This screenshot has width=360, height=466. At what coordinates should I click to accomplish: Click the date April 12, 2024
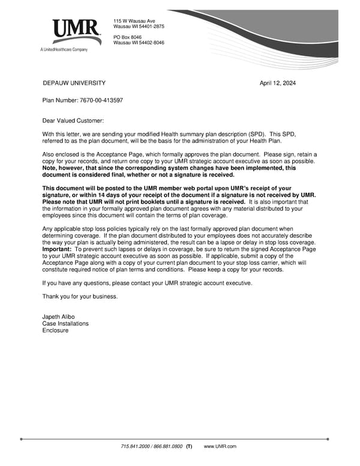click(x=277, y=83)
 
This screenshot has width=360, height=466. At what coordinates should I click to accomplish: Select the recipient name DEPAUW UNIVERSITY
click(x=74, y=83)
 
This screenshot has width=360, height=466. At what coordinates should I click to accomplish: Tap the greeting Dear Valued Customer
click(x=73, y=121)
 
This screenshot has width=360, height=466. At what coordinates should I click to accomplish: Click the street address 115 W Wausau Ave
click(x=134, y=21)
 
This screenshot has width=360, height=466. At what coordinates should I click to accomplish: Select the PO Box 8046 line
click(x=127, y=37)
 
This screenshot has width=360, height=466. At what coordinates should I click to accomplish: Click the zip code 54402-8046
click(x=151, y=43)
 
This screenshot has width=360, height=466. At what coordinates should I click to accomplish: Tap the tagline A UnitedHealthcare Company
click(x=64, y=49)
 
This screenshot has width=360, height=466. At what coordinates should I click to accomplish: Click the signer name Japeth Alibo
click(x=58, y=317)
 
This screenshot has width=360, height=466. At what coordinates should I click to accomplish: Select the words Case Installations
click(x=65, y=324)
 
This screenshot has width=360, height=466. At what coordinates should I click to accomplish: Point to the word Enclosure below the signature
click(x=55, y=330)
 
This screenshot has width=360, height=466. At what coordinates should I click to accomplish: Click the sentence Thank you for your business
click(x=80, y=297)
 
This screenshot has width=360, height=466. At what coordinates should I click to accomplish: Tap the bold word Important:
click(x=57, y=249)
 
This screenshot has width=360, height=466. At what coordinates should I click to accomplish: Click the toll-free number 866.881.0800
click(x=169, y=447)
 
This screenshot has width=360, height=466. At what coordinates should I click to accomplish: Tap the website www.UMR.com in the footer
click(x=220, y=447)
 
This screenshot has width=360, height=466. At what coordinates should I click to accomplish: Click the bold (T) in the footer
click(x=189, y=447)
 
